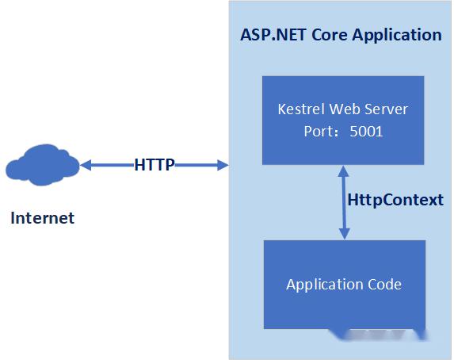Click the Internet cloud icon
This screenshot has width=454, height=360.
[41, 166]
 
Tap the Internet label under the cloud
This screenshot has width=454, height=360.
[42, 218]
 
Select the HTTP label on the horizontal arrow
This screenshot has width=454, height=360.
[155, 165]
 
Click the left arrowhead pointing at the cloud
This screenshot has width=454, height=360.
[86, 165]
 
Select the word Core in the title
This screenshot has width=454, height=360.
[325, 35]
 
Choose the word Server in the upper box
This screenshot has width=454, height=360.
[386, 109]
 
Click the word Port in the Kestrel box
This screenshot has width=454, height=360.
[319, 132]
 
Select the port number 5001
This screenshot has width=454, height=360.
[366, 132]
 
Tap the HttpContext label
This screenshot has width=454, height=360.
[395, 200]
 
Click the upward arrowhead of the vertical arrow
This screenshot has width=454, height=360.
[344, 170]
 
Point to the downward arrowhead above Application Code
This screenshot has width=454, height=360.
[344, 234]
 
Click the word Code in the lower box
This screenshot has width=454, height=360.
[384, 285]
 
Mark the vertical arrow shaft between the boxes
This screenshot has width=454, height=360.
[344, 202]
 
